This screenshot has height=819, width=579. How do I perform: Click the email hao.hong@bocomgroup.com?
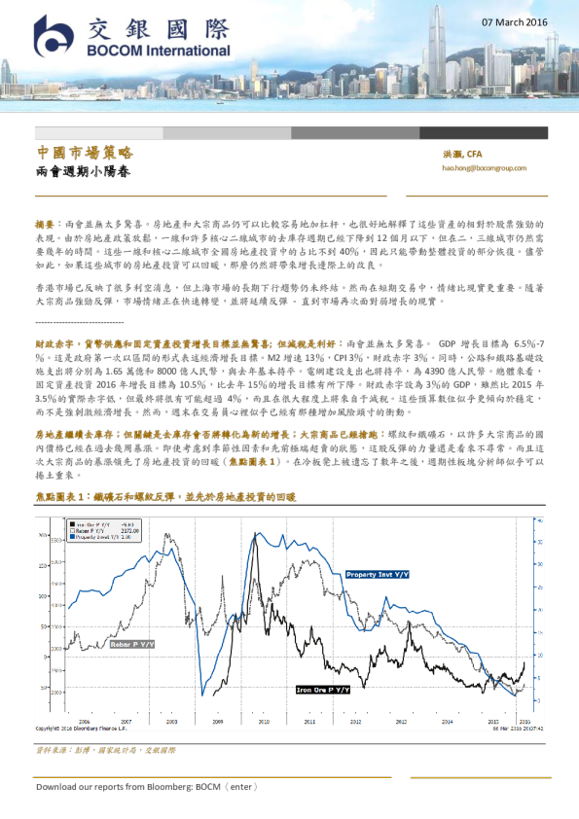pos(484,168)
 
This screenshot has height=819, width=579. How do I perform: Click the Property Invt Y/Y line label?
pos(378,575)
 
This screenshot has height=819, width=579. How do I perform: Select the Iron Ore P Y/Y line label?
pos(325,690)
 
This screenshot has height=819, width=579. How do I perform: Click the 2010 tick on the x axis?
pos(262,723)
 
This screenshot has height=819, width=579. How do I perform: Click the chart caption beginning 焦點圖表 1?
pos(165,496)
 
